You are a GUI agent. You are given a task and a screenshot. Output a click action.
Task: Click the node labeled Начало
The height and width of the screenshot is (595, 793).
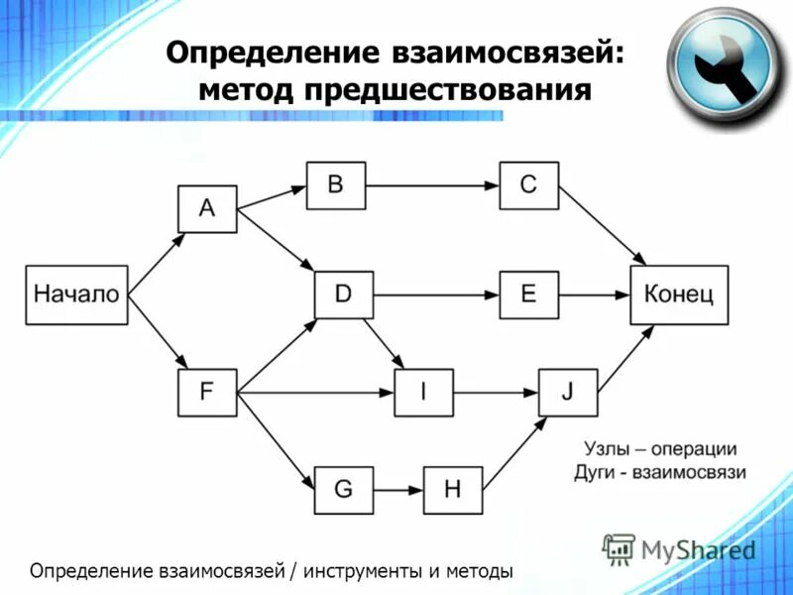pyautogui.click(x=76, y=295)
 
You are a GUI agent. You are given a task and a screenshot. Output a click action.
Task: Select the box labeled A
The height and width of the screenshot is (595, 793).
pyautogui.click(x=207, y=207)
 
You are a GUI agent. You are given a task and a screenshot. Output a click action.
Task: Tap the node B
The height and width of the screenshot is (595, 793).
pyautogui.click(x=335, y=184)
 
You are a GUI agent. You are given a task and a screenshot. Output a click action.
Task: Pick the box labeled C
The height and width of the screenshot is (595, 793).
pyautogui.click(x=528, y=184)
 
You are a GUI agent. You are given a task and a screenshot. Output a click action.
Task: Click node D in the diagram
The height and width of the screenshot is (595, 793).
pyautogui.click(x=344, y=295)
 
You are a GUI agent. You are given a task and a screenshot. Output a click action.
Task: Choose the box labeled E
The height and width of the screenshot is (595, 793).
pyautogui.click(x=528, y=295)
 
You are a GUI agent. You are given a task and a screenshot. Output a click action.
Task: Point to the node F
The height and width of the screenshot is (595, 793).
pyautogui.click(x=207, y=392)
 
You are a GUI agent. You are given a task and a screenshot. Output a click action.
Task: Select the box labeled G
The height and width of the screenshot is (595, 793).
pyautogui.click(x=344, y=489)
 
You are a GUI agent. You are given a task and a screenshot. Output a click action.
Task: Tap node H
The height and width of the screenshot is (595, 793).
pyautogui.click(x=453, y=489)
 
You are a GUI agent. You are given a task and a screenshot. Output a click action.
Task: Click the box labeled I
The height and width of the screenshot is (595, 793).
pyautogui.click(x=423, y=392)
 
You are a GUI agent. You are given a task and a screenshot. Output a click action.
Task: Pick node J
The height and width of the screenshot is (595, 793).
pyautogui.click(x=568, y=392)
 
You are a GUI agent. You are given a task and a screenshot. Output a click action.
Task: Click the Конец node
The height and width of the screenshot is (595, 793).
pyautogui.click(x=679, y=295)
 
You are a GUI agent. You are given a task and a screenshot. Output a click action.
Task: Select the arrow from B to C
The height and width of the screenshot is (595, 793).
pyautogui.click(x=431, y=184)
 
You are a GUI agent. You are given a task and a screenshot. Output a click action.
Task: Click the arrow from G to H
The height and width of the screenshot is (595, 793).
pyautogui.click(x=398, y=489)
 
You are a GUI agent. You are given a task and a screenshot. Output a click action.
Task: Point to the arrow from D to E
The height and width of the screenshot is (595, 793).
pyautogui.click(x=436, y=295)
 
